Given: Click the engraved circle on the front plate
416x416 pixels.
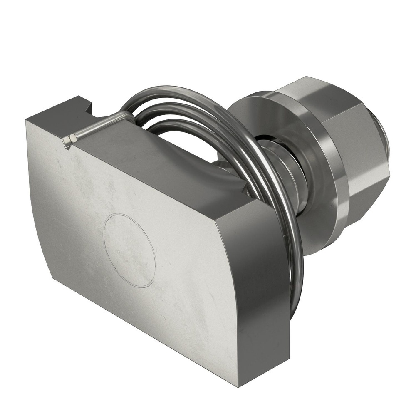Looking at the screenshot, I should [129, 250].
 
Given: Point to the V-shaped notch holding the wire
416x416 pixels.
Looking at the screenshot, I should [67, 141].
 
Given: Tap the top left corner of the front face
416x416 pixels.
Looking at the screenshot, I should [27, 121].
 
